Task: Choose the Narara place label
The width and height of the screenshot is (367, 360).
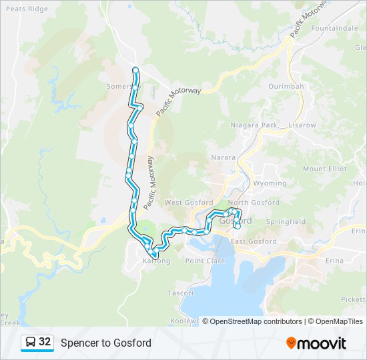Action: [x=224, y=158]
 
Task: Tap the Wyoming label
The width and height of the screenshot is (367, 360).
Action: [x=270, y=183]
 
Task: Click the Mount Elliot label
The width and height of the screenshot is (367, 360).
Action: [x=325, y=169]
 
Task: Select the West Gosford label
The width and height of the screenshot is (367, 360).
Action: [x=188, y=203]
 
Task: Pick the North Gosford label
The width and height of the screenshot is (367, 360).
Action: [x=254, y=203]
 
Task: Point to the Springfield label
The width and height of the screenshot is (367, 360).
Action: [x=285, y=221]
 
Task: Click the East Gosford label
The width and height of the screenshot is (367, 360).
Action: [x=254, y=241]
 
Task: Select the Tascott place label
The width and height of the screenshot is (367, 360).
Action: [x=181, y=293]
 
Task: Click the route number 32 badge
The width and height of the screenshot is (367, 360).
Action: [x=45, y=342]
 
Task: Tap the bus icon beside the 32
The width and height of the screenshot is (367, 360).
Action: [x=31, y=343]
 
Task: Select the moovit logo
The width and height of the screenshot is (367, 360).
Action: [x=316, y=343]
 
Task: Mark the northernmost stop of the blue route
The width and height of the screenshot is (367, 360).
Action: [x=135, y=70]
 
